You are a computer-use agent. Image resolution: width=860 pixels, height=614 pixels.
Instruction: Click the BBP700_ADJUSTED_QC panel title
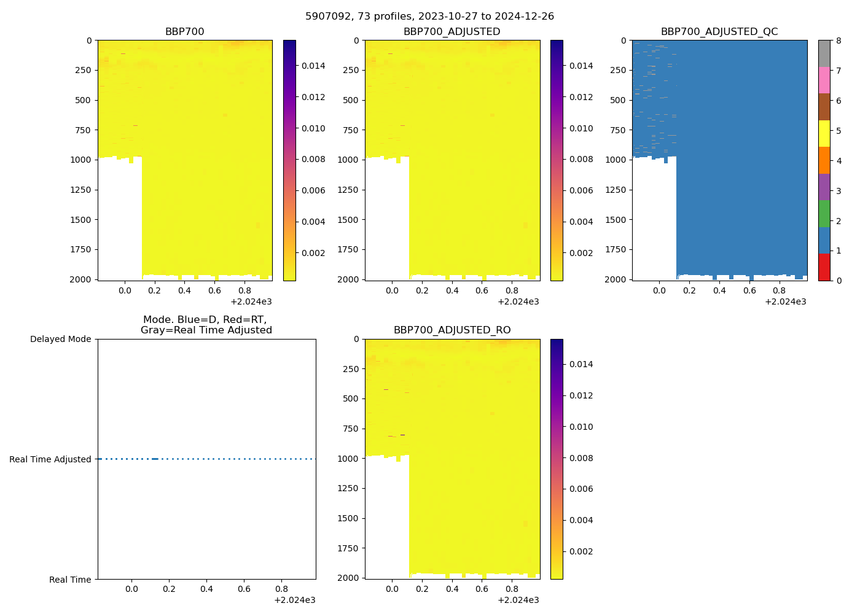pyautogui.click(x=719, y=32)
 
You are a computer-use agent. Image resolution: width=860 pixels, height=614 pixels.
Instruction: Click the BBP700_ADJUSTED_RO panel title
pyautogui.click(x=452, y=330)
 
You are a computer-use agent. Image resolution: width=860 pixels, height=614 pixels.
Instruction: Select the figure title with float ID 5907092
pyautogui.click(x=429, y=17)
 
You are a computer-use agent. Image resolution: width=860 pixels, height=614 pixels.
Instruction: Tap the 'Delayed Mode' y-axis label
pyautogui.click(x=60, y=339)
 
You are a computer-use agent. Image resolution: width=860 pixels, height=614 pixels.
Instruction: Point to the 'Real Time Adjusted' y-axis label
pyautogui.click(x=50, y=459)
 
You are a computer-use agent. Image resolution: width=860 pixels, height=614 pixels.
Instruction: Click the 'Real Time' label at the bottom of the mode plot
pyautogui.click(x=70, y=580)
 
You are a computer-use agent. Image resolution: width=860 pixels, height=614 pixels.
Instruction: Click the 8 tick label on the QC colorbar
pyautogui.click(x=838, y=41)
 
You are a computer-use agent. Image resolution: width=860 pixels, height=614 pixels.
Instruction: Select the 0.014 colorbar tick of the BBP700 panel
pyautogui.click(x=313, y=66)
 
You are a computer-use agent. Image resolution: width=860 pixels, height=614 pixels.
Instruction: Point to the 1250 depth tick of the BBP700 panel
pyautogui.click(x=80, y=190)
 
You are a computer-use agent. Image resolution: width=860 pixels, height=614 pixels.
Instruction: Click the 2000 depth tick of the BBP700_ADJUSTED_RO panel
pyautogui.click(x=347, y=578)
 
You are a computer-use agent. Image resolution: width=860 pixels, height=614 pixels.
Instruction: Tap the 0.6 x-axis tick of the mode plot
pyautogui.click(x=244, y=589)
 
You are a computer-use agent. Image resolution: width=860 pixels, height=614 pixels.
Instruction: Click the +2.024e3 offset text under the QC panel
pyautogui.click(x=785, y=301)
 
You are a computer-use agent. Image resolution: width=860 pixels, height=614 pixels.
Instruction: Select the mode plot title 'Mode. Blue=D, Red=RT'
pyautogui.click(x=206, y=325)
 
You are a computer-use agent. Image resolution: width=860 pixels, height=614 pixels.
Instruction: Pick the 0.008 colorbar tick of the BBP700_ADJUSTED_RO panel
pyautogui.click(x=580, y=458)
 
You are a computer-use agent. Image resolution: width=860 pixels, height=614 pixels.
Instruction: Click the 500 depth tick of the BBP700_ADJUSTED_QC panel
pyautogui.click(x=617, y=100)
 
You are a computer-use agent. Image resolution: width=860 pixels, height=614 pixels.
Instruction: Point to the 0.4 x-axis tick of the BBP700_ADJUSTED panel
pyautogui.click(x=452, y=290)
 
